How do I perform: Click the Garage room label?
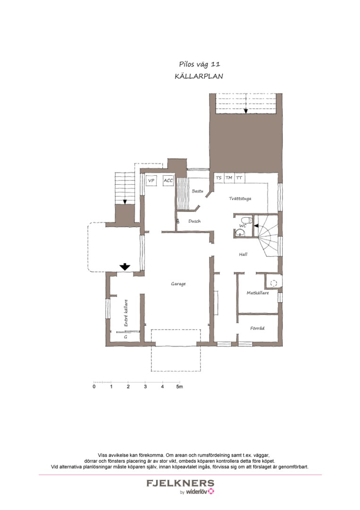(x=178, y=284)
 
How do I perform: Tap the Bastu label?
(x=197, y=191)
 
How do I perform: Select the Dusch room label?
(x=194, y=221)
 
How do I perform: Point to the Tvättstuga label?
(x=240, y=198)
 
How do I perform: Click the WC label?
(x=243, y=225)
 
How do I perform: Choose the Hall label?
(x=243, y=255)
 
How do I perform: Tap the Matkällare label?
(x=258, y=293)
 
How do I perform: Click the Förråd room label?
(x=257, y=328)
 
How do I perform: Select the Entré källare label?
(x=126, y=313)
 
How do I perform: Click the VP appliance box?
(x=151, y=180)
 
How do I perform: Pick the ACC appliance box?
(x=168, y=180)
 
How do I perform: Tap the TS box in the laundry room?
(x=218, y=178)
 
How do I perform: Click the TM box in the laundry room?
(x=229, y=178)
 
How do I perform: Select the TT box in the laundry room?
(x=240, y=178)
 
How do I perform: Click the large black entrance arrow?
(x=125, y=267)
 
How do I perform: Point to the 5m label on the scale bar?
(x=180, y=387)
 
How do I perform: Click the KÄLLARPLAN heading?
(x=199, y=76)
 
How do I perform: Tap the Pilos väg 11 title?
(x=200, y=64)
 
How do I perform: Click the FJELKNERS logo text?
(x=180, y=483)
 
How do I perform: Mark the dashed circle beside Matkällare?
(x=274, y=283)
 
